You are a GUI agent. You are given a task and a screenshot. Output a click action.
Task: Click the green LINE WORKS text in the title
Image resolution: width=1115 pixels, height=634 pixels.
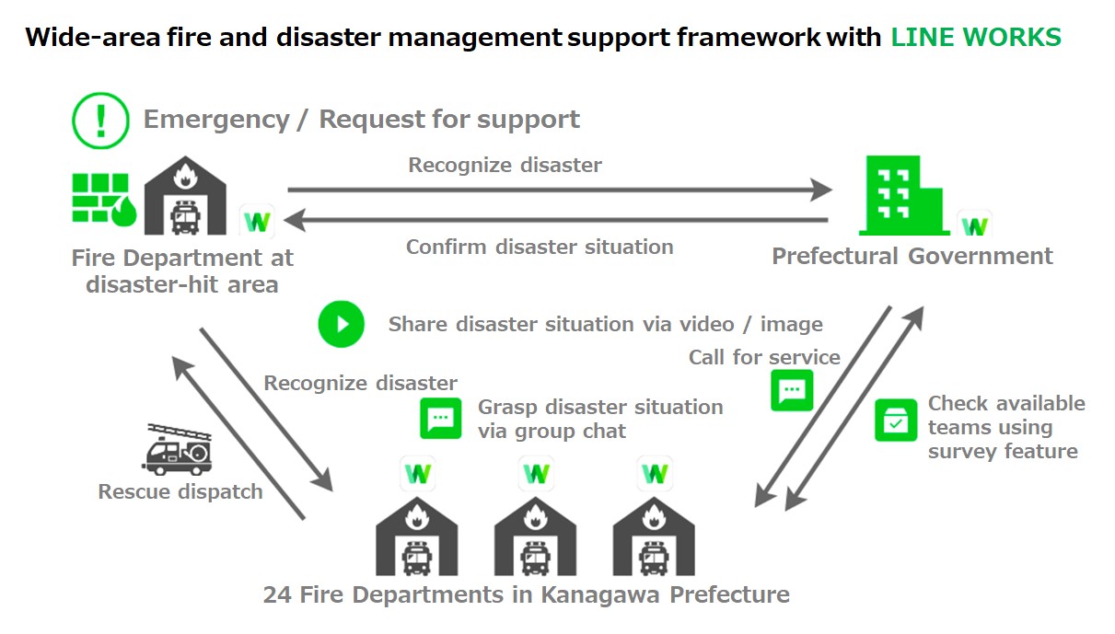point(975,38)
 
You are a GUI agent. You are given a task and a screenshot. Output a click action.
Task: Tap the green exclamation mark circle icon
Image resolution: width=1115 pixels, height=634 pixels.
point(101,121)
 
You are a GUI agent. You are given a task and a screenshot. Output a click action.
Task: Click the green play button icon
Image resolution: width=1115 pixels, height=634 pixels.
point(342,324)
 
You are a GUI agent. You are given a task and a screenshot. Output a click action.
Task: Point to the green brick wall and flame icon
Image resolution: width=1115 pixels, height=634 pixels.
point(104,199)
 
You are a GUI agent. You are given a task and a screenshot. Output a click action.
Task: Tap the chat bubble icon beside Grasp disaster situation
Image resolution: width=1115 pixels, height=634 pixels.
point(441,419)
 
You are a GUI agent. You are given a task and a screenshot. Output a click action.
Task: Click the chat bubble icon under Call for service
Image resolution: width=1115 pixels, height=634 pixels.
point(792,390)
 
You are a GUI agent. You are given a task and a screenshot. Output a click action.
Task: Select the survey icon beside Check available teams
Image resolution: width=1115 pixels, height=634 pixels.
point(895,420)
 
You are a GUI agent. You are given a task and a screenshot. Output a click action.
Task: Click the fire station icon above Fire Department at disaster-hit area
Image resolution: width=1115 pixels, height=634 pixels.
point(186,195)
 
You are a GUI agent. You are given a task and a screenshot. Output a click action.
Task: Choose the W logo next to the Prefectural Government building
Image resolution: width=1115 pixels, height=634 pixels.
point(974,224)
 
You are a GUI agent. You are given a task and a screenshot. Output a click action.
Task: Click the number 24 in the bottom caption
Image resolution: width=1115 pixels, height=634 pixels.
point(277,594)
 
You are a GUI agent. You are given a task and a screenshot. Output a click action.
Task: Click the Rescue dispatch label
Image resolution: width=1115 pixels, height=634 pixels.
point(180,491)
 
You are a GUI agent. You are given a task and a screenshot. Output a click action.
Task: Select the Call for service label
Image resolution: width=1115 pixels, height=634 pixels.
point(764,357)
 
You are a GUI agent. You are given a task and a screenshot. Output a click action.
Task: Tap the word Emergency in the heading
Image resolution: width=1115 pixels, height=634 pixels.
point(215,120)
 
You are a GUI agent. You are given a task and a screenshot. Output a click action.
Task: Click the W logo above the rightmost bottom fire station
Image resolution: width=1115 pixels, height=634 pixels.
point(655,475)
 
